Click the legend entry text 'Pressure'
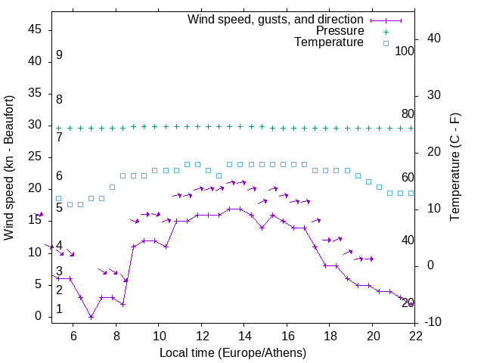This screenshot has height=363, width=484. (x=340, y=31)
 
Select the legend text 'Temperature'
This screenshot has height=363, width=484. (x=329, y=42)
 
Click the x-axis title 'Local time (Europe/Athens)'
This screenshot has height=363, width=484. (x=234, y=352)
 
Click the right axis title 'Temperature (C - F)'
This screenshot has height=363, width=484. (x=455, y=169)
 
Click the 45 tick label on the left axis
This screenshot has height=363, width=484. (x=35, y=29)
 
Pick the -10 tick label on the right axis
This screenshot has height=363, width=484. (x=435, y=322)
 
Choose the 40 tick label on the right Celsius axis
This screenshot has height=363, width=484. (x=435, y=39)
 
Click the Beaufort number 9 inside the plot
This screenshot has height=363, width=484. (x=59, y=55)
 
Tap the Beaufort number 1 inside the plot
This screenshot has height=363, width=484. (x=59, y=309)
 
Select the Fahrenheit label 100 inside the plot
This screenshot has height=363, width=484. (x=405, y=51)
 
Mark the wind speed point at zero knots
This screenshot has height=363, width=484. (x=91, y=317)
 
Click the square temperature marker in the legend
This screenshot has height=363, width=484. (x=386, y=43)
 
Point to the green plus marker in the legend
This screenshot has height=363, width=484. (x=386, y=31)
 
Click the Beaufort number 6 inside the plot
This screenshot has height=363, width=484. (x=59, y=176)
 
